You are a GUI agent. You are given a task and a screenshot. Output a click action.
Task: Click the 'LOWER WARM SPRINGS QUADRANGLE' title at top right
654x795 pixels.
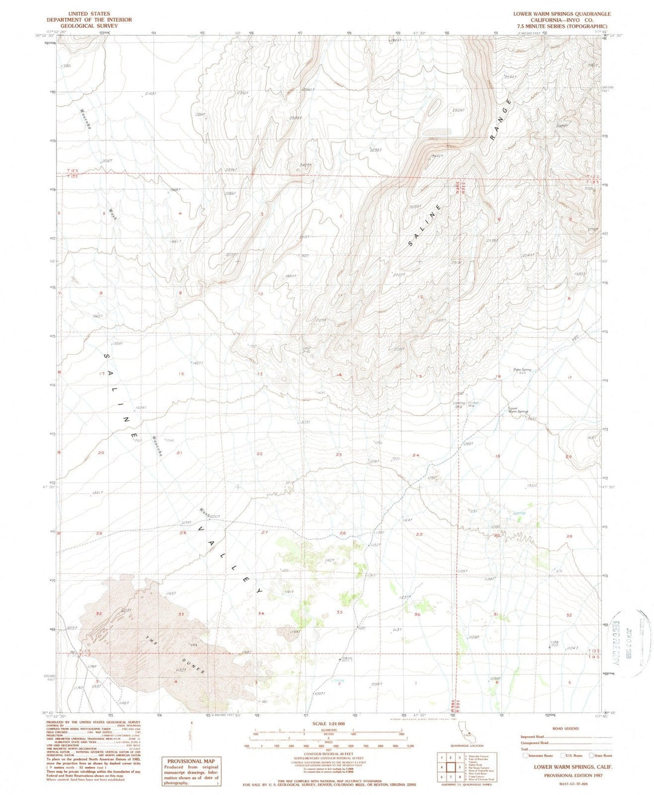pyautogui.click(x=562, y=13)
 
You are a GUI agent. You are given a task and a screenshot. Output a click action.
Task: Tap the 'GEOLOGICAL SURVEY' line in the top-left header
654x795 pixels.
pyautogui.click(x=100, y=26)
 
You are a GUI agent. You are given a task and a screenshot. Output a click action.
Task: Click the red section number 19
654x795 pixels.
pyautogui.click(x=498, y=455)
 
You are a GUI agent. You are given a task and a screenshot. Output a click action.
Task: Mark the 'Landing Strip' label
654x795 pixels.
pyautogui.click(x=463, y=404)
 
